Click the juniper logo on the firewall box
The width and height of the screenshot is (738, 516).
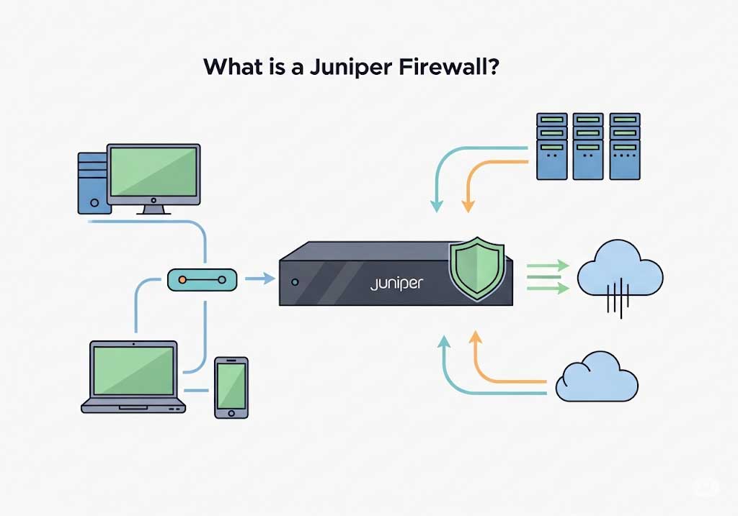click(x=396, y=283)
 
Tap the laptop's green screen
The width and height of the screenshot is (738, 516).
click(x=133, y=368)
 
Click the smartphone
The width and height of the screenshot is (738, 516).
click(x=231, y=386)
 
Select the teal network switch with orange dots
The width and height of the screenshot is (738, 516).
click(x=202, y=279)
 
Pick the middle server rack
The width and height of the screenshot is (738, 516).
click(x=589, y=146)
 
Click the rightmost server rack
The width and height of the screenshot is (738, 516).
click(x=625, y=146)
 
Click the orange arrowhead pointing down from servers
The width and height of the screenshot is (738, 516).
click(x=468, y=206)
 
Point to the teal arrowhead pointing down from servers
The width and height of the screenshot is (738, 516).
click(x=436, y=206)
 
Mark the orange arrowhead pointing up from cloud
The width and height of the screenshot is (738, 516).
click(x=475, y=336)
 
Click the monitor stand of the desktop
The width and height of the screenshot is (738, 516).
click(x=154, y=209)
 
